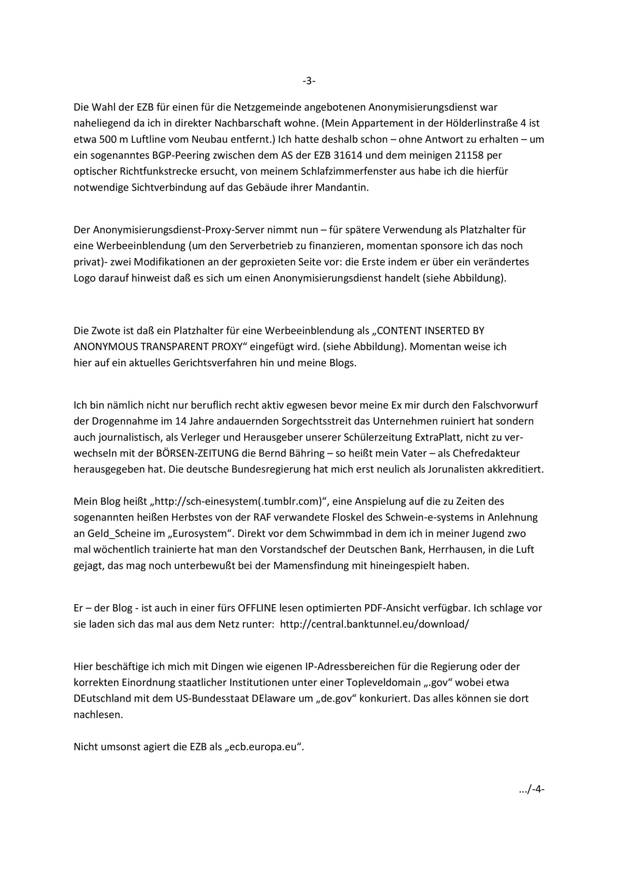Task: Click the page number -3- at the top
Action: point(309,81)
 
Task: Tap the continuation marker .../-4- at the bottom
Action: point(531,790)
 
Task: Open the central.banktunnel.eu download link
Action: point(374,624)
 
